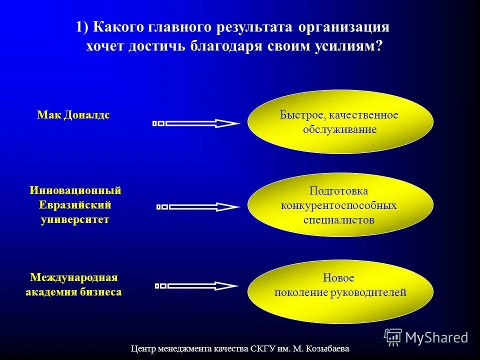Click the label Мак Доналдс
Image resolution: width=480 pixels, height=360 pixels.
[73, 115]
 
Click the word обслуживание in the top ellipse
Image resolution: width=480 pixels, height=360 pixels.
[339, 129]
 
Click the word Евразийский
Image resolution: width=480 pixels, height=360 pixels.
[75, 205]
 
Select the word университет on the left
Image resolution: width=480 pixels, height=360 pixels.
[75, 219]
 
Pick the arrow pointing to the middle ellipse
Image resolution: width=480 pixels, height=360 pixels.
[197, 206]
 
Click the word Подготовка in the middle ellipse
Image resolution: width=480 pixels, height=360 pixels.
[338, 191]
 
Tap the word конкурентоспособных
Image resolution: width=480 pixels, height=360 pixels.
[339, 205]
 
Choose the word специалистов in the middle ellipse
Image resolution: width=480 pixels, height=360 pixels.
[339, 219]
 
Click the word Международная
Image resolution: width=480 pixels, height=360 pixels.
[73, 277]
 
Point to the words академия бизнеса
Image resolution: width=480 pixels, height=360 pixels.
[73, 292]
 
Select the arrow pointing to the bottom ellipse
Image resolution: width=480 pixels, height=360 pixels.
[196, 286]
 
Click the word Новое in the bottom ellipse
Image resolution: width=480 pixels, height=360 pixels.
[338, 278]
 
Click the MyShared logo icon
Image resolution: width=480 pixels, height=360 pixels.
[393, 337]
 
